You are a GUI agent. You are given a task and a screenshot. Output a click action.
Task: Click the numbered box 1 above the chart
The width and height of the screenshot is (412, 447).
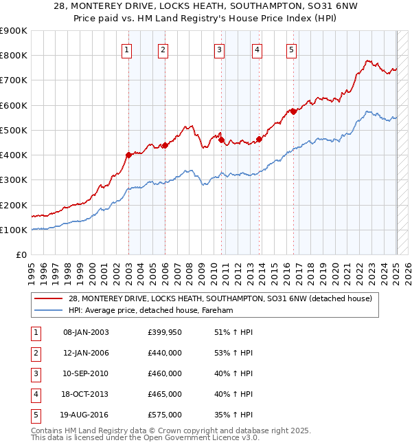pos(128,49)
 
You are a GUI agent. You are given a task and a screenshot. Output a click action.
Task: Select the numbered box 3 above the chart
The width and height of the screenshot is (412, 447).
pos(219,49)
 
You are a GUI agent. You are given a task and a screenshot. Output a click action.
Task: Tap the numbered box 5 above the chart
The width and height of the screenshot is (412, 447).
pos(292,49)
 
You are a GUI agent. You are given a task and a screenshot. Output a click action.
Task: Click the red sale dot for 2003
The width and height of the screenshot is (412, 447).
pos(128,155)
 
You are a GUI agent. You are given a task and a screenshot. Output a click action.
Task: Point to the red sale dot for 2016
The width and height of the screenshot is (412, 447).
pos(293,111)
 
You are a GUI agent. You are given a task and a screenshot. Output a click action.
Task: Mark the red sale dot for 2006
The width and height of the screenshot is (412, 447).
pos(165,145)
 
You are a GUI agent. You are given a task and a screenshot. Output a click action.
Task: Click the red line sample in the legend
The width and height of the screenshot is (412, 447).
pos(49,298)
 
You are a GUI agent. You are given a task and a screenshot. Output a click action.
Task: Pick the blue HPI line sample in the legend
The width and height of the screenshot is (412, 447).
pos(49,310)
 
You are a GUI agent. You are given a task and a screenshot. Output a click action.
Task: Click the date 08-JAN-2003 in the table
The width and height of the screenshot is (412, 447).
pos(86,332)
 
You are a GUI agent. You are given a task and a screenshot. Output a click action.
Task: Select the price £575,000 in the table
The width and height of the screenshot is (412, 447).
pos(165,415)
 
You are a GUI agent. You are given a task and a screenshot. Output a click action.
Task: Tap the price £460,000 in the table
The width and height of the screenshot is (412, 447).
pos(165,373)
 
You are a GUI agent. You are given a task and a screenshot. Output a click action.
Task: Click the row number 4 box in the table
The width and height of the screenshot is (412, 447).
pos(35,394)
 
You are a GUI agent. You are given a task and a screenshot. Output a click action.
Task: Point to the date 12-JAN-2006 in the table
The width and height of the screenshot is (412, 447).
pos(86,353)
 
